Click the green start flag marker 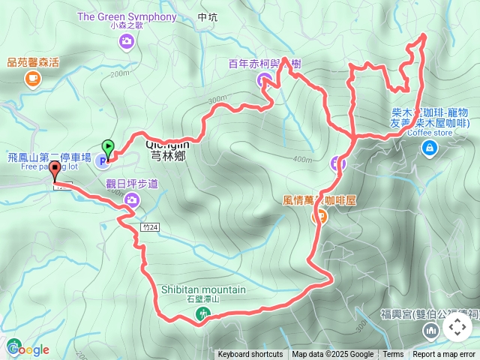pos(108,148)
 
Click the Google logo pos(28,349)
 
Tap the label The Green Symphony pos(126,16)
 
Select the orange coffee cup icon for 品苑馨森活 pos(31,78)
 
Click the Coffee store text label pos(430,133)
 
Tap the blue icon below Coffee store pos(429,148)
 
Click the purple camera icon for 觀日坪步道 pos(132,199)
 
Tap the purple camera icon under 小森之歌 pos(126,42)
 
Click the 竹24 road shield pos(148,226)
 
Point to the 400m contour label pos(302,159)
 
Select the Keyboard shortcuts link pos(250,355)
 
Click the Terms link pos(393,355)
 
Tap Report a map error pos(444,355)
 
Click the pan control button pos(457,327)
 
